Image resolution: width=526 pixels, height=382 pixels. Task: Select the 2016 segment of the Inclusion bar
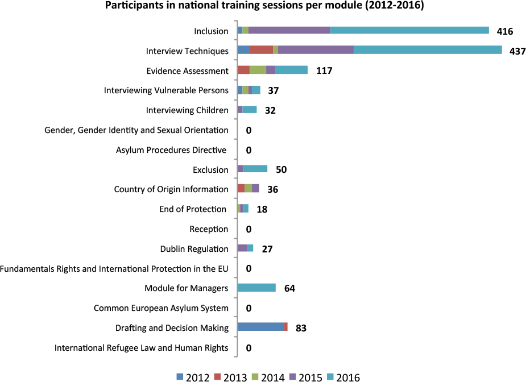(x=409, y=30)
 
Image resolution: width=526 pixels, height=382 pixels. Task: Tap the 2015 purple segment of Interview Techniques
(x=316, y=50)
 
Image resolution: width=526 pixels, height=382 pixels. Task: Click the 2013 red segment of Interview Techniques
(x=261, y=50)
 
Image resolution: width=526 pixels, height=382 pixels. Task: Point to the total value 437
(x=517, y=51)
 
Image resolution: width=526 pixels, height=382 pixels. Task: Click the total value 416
(x=504, y=31)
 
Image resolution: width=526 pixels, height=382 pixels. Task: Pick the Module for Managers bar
(x=256, y=288)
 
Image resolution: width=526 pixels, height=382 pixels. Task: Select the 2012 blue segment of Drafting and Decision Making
(x=260, y=327)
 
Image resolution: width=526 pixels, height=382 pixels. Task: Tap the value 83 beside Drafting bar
(x=301, y=328)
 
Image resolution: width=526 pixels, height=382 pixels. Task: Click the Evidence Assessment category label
(x=187, y=71)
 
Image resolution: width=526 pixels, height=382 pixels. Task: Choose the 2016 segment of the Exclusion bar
(x=255, y=168)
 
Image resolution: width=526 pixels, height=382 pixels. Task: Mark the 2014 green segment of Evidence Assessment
(x=258, y=70)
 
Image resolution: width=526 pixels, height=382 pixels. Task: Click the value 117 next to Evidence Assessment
(x=324, y=71)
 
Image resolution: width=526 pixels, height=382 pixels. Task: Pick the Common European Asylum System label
(x=161, y=308)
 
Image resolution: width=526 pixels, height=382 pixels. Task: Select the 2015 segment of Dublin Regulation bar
(x=242, y=248)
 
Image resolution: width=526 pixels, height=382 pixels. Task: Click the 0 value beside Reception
(x=248, y=229)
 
